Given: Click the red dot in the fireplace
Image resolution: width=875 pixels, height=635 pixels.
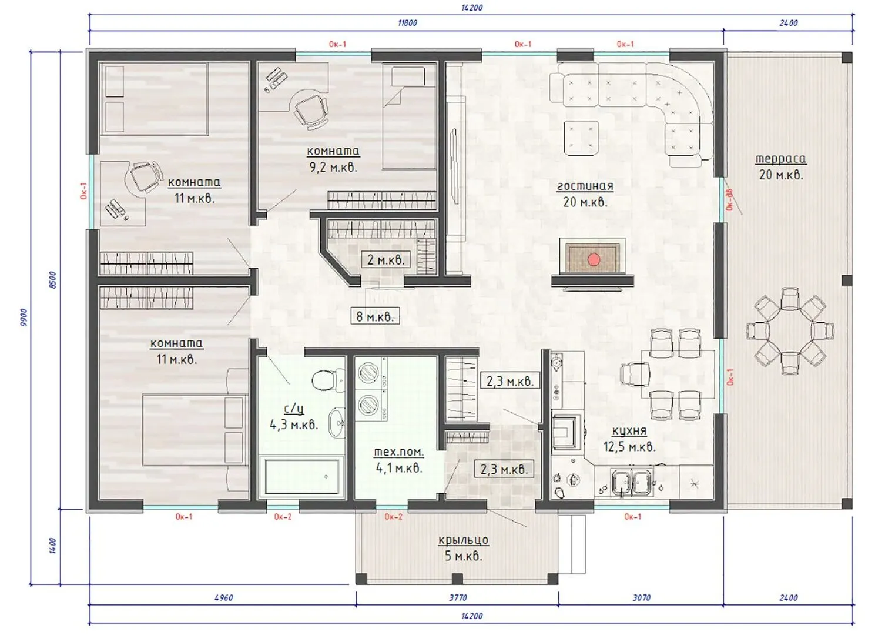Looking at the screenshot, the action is (x=594, y=259).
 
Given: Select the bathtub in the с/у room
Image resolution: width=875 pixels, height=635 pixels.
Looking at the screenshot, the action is (x=301, y=477).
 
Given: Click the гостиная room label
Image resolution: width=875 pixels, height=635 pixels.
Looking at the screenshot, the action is (x=585, y=186).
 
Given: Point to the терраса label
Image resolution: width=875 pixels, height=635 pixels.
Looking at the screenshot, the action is (x=780, y=159).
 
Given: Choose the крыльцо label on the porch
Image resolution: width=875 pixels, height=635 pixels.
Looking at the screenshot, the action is (x=463, y=540).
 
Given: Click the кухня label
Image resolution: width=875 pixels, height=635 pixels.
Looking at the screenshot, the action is (x=629, y=430).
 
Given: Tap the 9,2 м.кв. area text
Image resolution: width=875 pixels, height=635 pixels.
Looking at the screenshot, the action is (x=333, y=168).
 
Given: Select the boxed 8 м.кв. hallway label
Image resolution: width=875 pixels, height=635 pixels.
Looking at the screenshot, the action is (x=374, y=316).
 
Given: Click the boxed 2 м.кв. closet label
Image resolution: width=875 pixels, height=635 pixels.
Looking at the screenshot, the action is (x=385, y=259).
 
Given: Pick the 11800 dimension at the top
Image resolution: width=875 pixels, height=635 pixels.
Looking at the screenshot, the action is (x=407, y=23).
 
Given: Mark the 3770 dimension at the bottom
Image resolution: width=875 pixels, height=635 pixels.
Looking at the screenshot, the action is (x=458, y=597).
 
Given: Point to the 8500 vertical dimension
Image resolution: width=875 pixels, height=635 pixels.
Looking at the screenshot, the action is (x=53, y=280).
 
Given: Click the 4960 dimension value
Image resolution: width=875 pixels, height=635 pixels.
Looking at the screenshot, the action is (x=224, y=597).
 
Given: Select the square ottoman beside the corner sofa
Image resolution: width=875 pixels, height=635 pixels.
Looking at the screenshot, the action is (x=581, y=138).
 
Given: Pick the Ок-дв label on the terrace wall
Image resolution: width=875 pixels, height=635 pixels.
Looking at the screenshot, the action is (x=729, y=200).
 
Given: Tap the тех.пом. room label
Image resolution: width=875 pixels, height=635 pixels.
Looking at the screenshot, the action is (x=399, y=452).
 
